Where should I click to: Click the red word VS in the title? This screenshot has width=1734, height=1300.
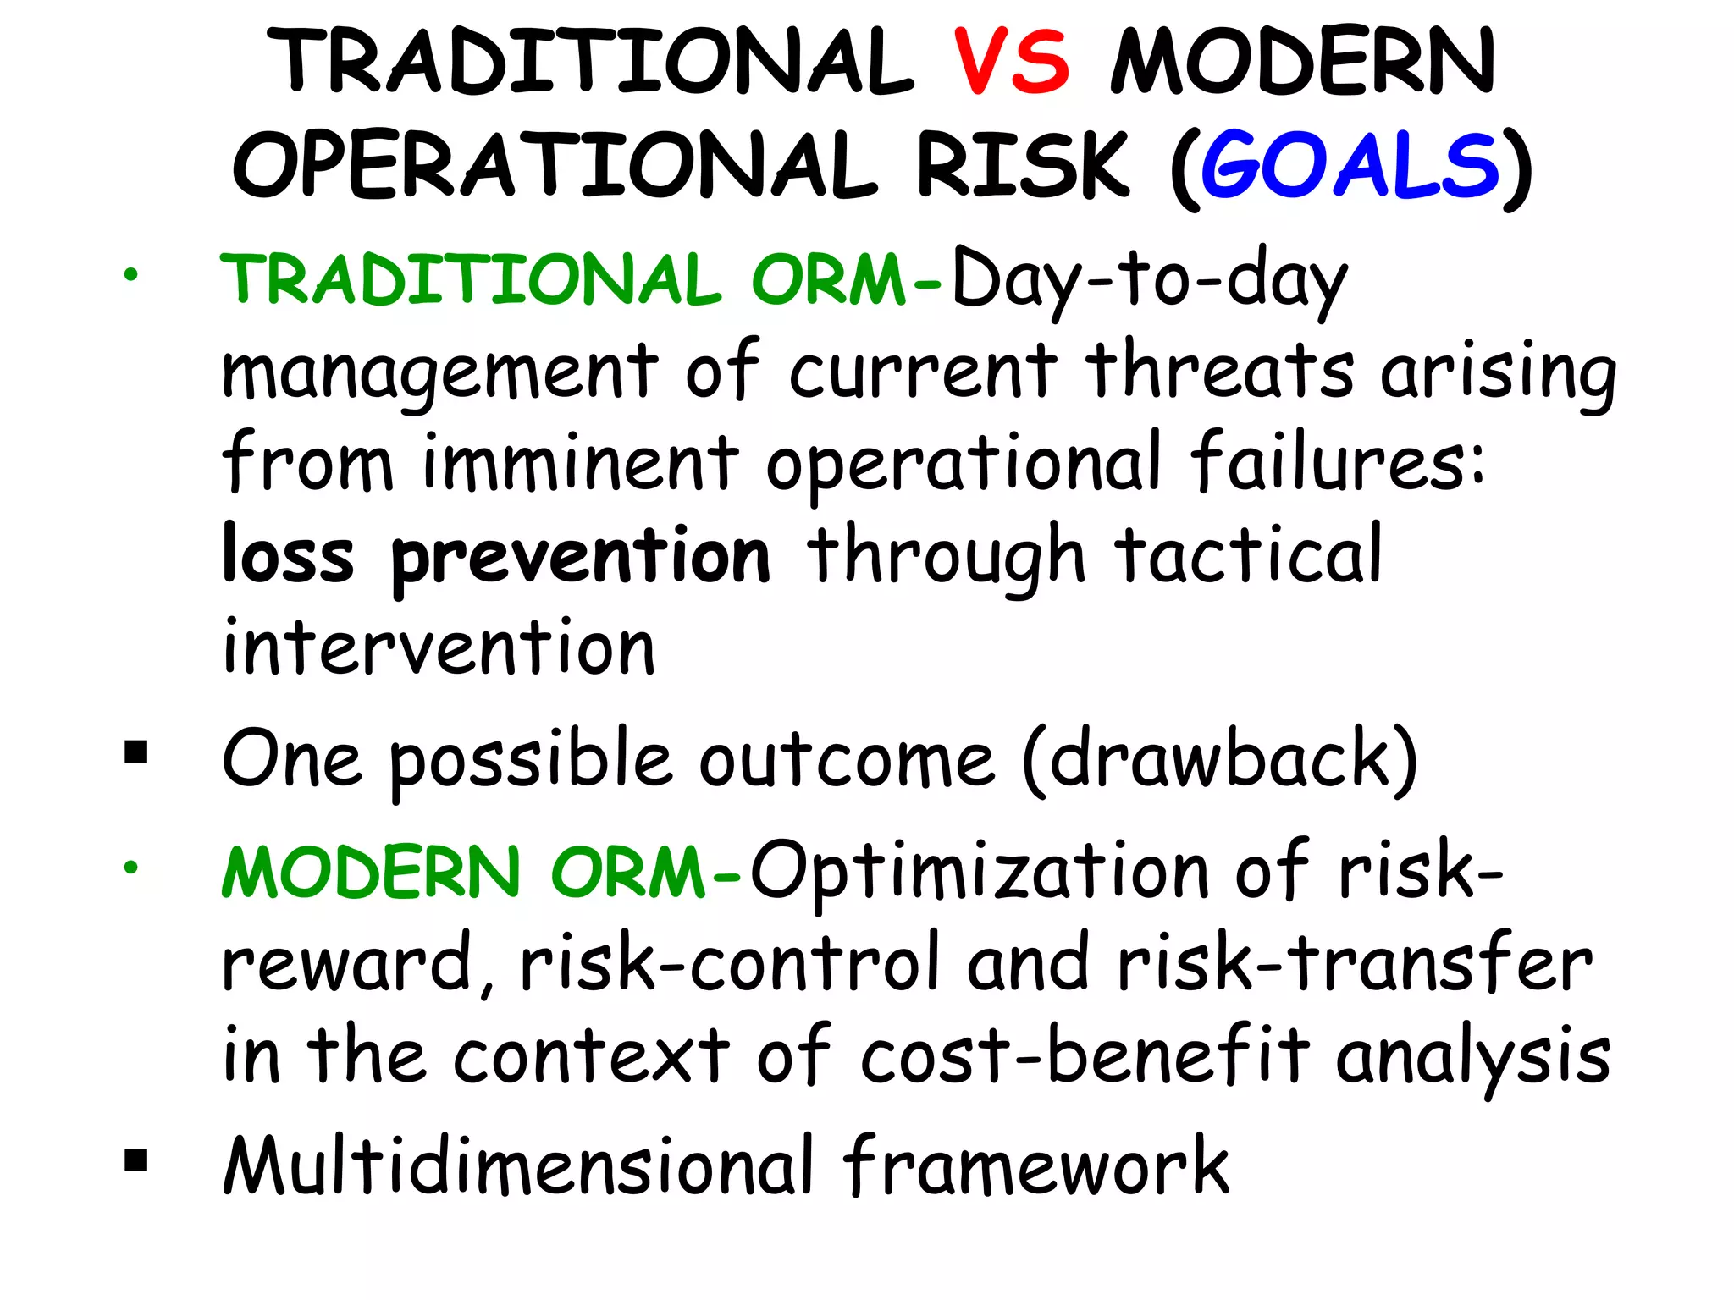(1012, 62)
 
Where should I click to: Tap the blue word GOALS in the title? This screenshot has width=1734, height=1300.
(1350, 165)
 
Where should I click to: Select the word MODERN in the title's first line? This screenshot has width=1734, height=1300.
(1303, 62)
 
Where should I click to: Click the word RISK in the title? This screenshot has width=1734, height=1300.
(1023, 165)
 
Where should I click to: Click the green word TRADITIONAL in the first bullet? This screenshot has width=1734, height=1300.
(471, 280)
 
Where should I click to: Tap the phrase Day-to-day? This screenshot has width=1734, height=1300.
(1149, 280)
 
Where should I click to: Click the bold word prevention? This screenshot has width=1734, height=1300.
(581, 558)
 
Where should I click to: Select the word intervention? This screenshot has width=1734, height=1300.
(439, 647)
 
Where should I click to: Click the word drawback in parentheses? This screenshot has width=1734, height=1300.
(1220, 758)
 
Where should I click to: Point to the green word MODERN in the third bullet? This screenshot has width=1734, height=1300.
(371, 873)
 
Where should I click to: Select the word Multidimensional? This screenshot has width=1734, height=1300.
(518, 1166)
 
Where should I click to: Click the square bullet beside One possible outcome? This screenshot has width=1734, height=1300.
(135, 752)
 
